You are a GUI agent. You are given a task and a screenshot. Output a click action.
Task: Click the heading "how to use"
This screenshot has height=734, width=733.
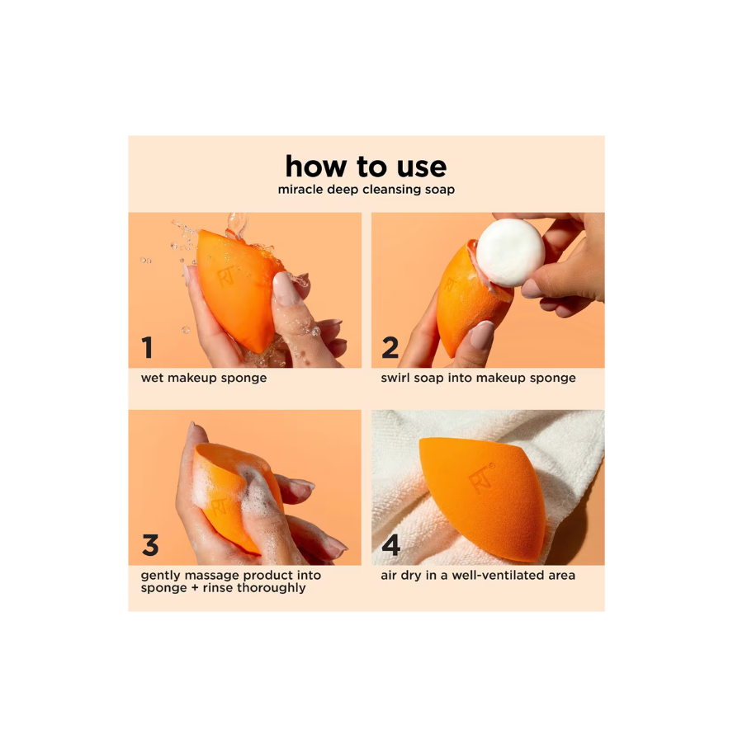pyautogui.click(x=366, y=167)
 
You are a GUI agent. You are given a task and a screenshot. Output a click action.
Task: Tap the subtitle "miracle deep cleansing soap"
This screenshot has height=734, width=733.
pyautogui.click(x=366, y=190)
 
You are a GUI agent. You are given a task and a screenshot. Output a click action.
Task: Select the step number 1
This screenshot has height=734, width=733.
pyautogui.click(x=147, y=349)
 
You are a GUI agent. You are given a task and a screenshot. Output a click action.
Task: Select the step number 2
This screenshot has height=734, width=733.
pyautogui.click(x=390, y=349)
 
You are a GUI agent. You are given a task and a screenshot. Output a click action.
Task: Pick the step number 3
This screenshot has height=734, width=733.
pyautogui.click(x=149, y=545)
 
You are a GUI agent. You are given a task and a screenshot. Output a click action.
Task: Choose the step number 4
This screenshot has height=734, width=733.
pyautogui.click(x=390, y=545)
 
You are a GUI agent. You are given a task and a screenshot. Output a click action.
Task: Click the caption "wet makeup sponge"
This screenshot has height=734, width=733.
pyautogui.click(x=203, y=379)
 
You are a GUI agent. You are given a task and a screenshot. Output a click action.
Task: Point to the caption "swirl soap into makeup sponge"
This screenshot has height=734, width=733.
pyautogui.click(x=478, y=379)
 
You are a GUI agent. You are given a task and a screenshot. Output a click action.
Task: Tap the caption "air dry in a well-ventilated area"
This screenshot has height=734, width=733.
pyautogui.click(x=478, y=575)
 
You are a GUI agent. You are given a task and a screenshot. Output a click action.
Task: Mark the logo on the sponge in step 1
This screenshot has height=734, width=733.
pyautogui.click(x=225, y=276)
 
